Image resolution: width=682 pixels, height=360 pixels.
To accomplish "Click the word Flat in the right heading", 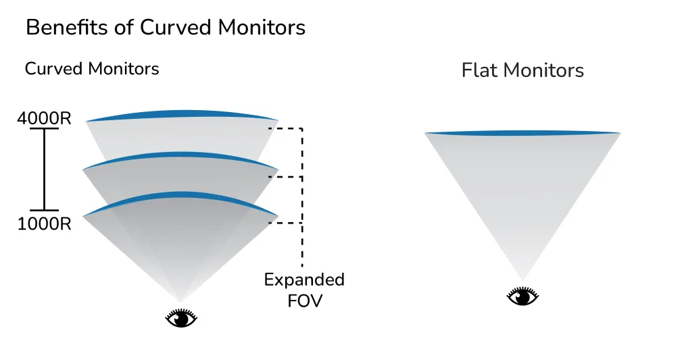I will pyautogui.click(x=480, y=70).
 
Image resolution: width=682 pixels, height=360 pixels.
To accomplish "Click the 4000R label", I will pyautogui.click(x=44, y=118).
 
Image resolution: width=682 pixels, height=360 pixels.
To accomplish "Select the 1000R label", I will pyautogui.click(x=44, y=224).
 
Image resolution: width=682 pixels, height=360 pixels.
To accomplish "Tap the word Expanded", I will pyautogui.click(x=304, y=280).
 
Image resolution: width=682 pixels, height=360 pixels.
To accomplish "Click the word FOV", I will pyautogui.click(x=304, y=301).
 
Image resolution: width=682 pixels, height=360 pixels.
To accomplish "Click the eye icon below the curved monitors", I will pyautogui.click(x=181, y=318).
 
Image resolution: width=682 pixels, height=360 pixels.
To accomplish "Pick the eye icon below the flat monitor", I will pyautogui.click(x=523, y=296).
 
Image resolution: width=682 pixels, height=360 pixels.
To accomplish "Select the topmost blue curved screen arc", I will pyautogui.click(x=182, y=114).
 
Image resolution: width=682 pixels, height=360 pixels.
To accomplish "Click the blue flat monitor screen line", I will pyautogui.click(x=522, y=133).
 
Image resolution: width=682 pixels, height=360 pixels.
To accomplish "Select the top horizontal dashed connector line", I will pyautogui.click(x=285, y=128).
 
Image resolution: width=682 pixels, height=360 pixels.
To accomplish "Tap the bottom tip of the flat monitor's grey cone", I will pyautogui.click(x=522, y=278).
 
